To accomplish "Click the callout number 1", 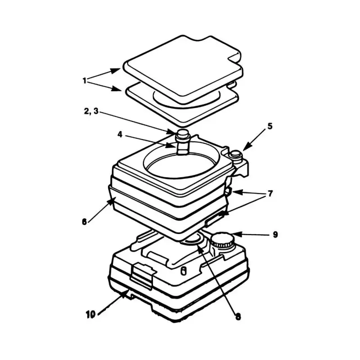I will (x=84, y=81).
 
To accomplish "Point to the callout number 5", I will (x=270, y=126).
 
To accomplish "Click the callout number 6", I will (x=84, y=221).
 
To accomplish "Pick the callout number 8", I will (x=238, y=316).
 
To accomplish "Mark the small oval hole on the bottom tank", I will (x=183, y=270).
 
